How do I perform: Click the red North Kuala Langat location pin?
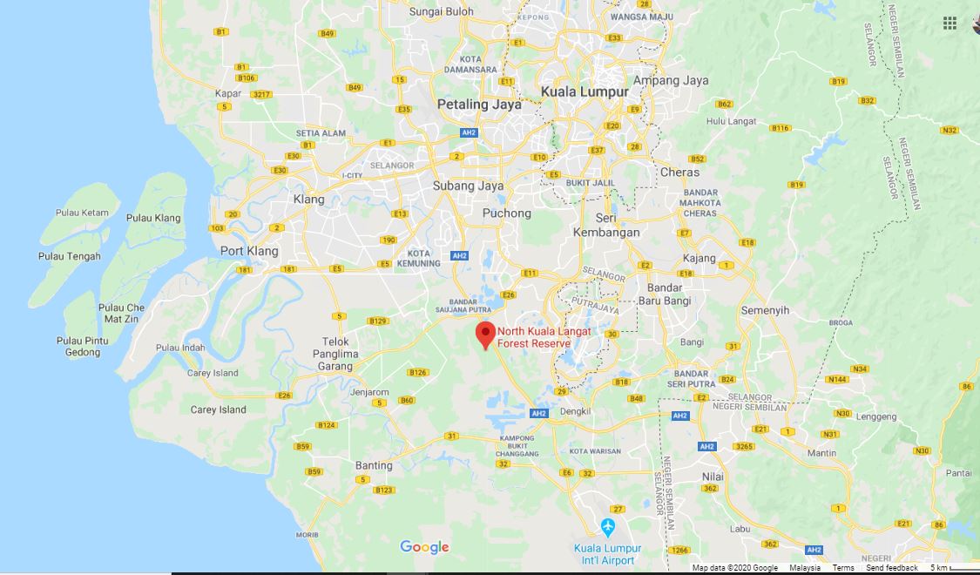click(485, 334)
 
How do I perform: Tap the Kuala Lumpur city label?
click(584, 91)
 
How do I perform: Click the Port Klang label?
click(249, 251)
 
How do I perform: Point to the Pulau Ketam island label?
click(81, 213)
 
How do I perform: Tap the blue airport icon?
click(608, 527)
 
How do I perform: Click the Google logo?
click(424, 547)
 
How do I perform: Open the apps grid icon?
click(950, 24)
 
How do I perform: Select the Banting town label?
click(374, 465)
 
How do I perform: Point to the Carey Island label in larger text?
click(218, 409)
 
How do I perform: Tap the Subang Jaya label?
click(468, 186)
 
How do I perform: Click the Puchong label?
click(506, 213)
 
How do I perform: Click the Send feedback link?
click(891, 568)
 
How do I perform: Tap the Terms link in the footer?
click(842, 568)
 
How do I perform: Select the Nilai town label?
click(713, 477)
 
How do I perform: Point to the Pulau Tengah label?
click(70, 256)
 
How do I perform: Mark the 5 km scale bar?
click(954, 568)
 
